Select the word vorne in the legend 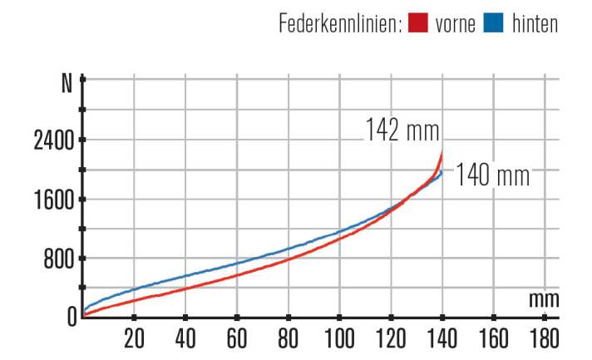(x=456, y=24)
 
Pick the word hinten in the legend (x=534, y=24)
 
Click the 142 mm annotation (x=402, y=130)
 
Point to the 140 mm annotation (x=493, y=176)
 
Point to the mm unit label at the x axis (x=544, y=298)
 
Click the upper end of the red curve (x=442, y=155)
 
